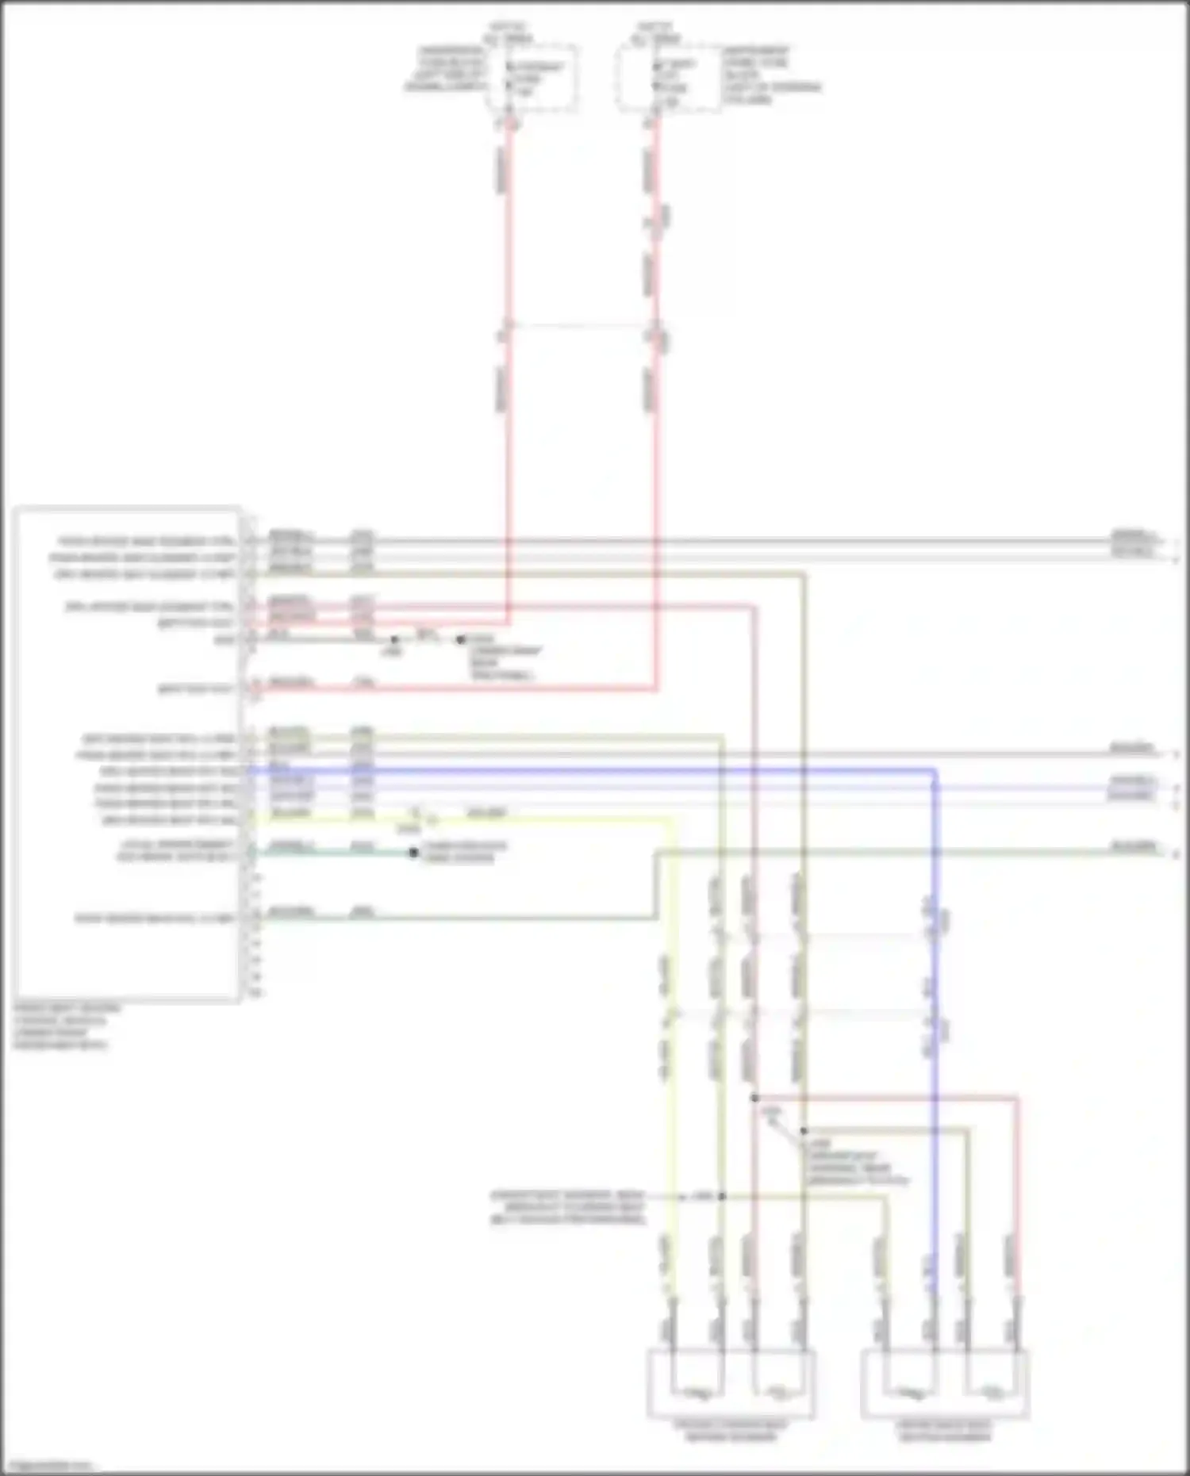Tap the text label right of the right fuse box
pyautogui.click(x=770, y=75)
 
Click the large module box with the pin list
pyautogui.click(x=127, y=753)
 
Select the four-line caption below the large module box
pyautogui.click(x=67, y=1026)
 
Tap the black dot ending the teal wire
pyautogui.click(x=413, y=853)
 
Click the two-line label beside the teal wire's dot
pyautogui.click(x=464, y=852)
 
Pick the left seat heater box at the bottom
pyautogui.click(x=731, y=1385)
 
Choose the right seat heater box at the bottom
pyautogui.click(x=945, y=1385)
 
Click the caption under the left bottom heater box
pyautogui.click(x=731, y=1431)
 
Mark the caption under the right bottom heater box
pyautogui.click(x=944, y=1431)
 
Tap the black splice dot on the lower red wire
pyautogui.click(x=754, y=1098)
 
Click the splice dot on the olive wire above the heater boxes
pyautogui.click(x=803, y=1131)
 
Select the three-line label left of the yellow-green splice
pyautogui.click(x=567, y=1206)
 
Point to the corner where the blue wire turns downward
pyautogui.click(x=935, y=770)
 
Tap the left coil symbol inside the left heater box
pyautogui.click(x=698, y=1391)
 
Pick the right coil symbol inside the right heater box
pyautogui.click(x=992, y=1391)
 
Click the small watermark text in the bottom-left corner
pyautogui.click(x=48, y=1466)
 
